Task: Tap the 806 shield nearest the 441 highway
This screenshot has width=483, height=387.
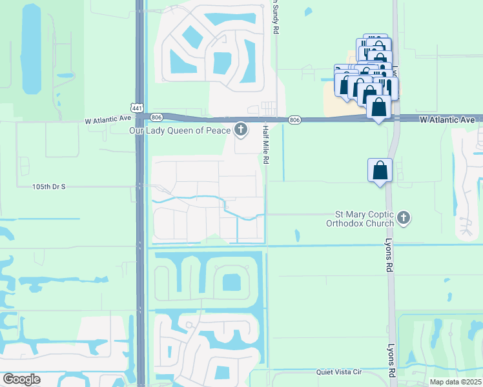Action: pos(157,117)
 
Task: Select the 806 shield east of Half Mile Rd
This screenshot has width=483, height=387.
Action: pos(294,120)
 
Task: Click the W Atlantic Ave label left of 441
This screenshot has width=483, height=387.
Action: pos(108,119)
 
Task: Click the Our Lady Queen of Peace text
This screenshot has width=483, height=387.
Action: pos(180,131)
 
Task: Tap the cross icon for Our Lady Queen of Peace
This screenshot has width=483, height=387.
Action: pos(241,131)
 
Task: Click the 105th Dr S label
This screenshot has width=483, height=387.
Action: pos(49,186)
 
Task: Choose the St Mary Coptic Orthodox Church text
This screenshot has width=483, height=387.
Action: pos(364,219)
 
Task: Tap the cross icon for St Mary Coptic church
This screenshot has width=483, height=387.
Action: pos(404,218)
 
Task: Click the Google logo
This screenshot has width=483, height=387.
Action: pos(21,379)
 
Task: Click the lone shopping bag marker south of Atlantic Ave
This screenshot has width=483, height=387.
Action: pos(380,171)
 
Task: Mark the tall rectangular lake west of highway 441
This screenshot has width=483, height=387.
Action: pos(30,48)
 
